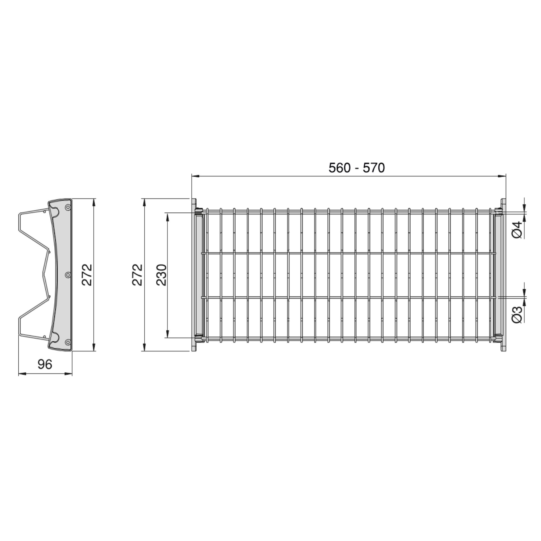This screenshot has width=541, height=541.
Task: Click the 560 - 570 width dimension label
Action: (x=357, y=168)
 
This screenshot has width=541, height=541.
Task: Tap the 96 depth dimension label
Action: (x=45, y=364)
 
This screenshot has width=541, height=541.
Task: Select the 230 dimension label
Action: (x=161, y=275)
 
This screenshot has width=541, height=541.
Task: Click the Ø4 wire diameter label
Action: (x=517, y=230)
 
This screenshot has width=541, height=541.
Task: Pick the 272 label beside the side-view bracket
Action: (x=87, y=275)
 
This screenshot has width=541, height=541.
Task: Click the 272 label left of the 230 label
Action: (x=137, y=275)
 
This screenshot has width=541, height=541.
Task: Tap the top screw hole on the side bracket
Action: (x=68, y=207)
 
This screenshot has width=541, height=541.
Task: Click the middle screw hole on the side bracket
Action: (x=68, y=275)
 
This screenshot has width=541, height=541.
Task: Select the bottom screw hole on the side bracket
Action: (x=68, y=342)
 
